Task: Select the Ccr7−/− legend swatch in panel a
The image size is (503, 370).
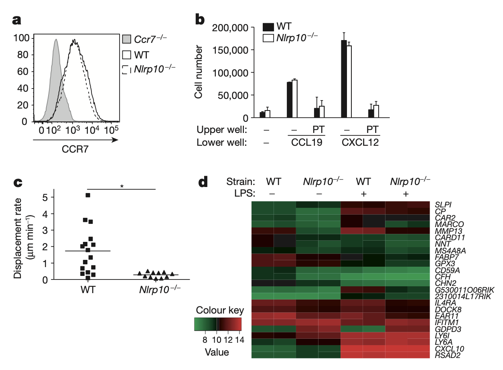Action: point(127,39)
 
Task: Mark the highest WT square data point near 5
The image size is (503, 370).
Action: point(87,195)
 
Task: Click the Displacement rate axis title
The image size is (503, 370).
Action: point(22,236)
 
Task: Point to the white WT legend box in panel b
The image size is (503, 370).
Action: point(268,27)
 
